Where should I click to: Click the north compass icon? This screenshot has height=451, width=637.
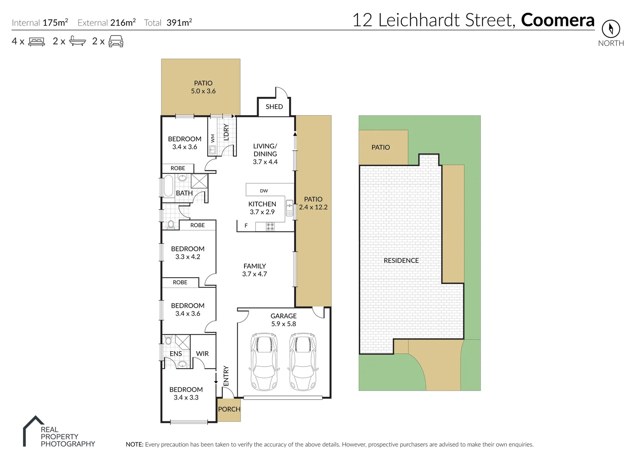coord(611,29)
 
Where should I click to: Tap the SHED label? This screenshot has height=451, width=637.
coord(274,106)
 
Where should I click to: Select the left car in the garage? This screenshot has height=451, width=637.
coord(264,361)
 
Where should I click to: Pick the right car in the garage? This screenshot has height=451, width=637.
coord(303,361)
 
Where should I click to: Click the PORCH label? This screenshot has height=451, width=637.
coord(229,409)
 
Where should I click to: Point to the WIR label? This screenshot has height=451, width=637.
coord(202,353)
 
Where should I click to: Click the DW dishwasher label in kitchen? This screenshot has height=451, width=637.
coord(264,191)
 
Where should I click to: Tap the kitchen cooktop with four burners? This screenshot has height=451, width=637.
coord(270,227)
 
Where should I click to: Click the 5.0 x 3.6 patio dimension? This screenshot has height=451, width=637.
coord(203,91)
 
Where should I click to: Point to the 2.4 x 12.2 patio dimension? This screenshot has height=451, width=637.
coord(313,207)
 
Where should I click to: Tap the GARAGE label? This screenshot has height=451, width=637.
coord(283,316)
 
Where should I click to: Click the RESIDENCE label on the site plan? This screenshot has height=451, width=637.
coord(401,261)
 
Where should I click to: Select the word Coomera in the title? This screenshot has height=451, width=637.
coord(557,20)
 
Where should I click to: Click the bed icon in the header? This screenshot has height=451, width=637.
coord(37,41)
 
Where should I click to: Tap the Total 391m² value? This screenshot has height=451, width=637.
coord(179,23)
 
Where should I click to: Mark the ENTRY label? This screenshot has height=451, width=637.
coord(226,376)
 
